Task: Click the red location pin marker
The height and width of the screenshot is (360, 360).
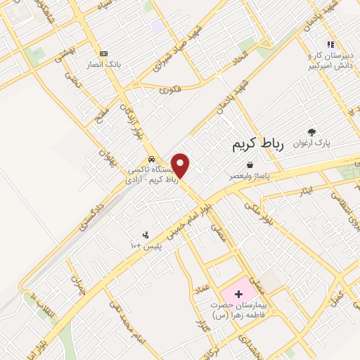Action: (181, 165)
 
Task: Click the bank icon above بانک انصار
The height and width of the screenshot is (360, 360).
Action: (104, 53)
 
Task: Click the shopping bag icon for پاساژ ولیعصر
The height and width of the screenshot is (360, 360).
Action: (250, 165)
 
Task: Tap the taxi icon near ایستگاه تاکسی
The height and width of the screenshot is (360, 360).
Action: (152, 159)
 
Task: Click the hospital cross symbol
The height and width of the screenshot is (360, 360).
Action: (238, 292)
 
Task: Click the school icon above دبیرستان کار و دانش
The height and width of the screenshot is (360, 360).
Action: (330, 44)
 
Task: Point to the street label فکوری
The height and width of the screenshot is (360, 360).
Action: (169, 89)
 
